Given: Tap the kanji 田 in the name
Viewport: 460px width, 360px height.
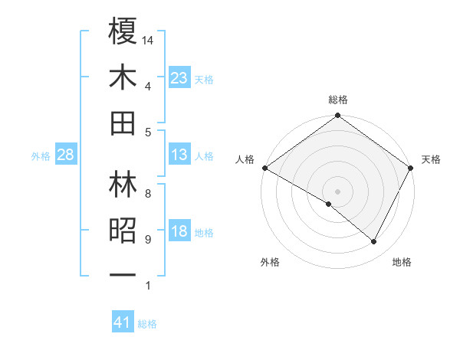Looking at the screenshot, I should pyautogui.click(x=123, y=123).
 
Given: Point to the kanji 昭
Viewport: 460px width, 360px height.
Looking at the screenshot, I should pyautogui.click(x=123, y=231).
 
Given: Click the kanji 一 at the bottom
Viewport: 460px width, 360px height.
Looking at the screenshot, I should pyautogui.click(x=123, y=274).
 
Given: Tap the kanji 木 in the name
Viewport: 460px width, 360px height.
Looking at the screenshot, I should pyautogui.click(x=123, y=77).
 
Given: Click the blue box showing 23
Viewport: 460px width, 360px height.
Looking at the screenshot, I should pyautogui.click(x=179, y=78).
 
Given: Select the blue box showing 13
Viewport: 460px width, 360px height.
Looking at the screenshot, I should pyautogui.click(x=179, y=155).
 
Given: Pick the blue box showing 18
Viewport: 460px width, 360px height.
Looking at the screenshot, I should pyautogui.click(x=179, y=232).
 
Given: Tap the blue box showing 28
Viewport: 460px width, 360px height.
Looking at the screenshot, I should pyautogui.click(x=66, y=155).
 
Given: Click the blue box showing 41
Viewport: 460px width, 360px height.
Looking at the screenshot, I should pyautogui.click(x=123, y=323).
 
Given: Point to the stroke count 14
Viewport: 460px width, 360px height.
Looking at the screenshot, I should pyautogui.click(x=149, y=40).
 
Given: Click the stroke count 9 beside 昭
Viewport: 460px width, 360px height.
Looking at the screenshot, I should pyautogui.click(x=148, y=240).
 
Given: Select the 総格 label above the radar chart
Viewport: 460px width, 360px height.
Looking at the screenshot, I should pyautogui.click(x=338, y=100).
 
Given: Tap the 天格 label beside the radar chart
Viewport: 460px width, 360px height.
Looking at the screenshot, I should pyautogui.click(x=432, y=159).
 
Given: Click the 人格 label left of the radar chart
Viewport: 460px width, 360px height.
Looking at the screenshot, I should pyautogui.click(x=245, y=159).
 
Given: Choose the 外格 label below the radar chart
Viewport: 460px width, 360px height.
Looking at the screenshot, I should pyautogui.click(x=270, y=262).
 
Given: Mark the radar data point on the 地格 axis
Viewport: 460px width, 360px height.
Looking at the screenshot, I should pyautogui.click(x=374, y=242).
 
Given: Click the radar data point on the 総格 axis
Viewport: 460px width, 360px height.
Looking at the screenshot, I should pyautogui.click(x=338, y=116).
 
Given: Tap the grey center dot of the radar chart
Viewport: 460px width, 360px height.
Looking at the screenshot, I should pyautogui.click(x=338, y=191).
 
